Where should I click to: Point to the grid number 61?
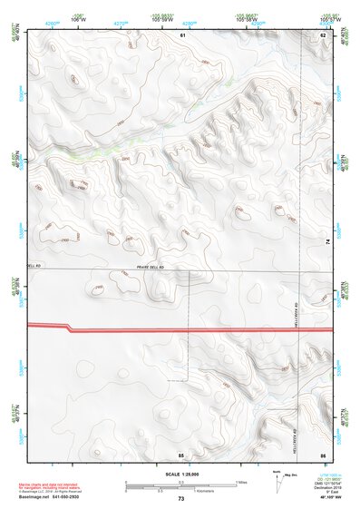click(x=182, y=34)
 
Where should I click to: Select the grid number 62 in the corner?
click(x=323, y=34)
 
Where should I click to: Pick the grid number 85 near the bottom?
click(x=181, y=453)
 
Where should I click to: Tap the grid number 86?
click(x=323, y=453)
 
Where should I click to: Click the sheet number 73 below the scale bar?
click(x=181, y=500)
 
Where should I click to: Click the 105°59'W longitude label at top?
click(x=162, y=18)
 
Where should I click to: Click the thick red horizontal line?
click(x=181, y=328)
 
